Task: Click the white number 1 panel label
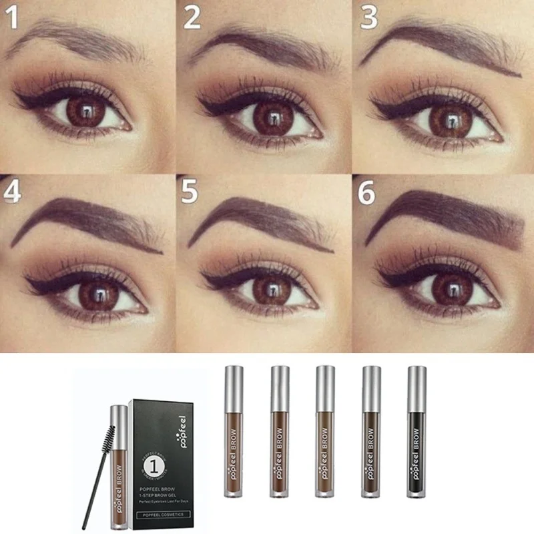click(14, 19)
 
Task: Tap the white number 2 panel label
click(192, 19)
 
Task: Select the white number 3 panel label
click(369, 19)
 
